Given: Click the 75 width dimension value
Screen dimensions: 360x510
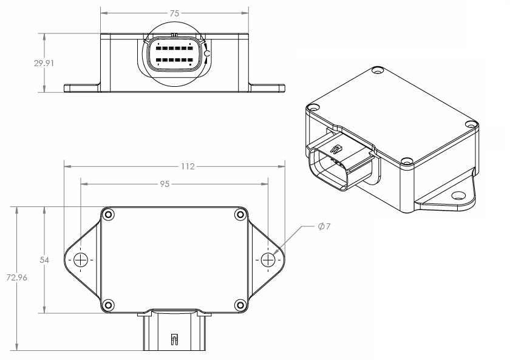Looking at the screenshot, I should [x=174, y=12].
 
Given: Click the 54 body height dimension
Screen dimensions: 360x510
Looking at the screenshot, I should [x=44, y=259].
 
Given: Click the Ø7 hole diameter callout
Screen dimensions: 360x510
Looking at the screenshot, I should [x=324, y=226].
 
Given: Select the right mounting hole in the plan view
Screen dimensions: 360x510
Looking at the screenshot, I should [x=268, y=260].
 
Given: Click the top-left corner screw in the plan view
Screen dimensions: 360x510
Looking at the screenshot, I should [x=108, y=214].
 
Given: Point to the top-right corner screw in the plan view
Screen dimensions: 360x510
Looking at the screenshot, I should [x=240, y=214].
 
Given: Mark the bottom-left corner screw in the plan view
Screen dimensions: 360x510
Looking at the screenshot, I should [x=108, y=305].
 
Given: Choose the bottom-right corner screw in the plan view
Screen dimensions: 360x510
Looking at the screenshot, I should [x=240, y=305].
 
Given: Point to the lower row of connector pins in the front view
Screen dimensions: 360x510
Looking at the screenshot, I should [x=174, y=61].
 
